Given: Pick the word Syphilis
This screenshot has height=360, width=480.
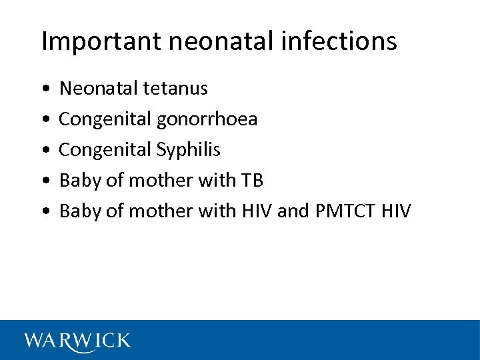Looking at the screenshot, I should [x=189, y=149].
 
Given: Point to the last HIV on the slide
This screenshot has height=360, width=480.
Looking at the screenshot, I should [x=397, y=211].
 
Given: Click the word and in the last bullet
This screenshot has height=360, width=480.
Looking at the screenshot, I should [x=291, y=211].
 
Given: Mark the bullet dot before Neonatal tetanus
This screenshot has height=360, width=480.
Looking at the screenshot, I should [x=44, y=89].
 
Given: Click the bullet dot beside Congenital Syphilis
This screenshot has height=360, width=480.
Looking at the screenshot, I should [x=44, y=150].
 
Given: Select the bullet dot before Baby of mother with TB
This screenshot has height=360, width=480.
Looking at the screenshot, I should [x=44, y=181].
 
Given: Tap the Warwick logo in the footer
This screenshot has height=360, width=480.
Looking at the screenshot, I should [x=77, y=340].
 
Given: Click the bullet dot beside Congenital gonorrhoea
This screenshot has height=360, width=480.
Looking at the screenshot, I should [x=44, y=119].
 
